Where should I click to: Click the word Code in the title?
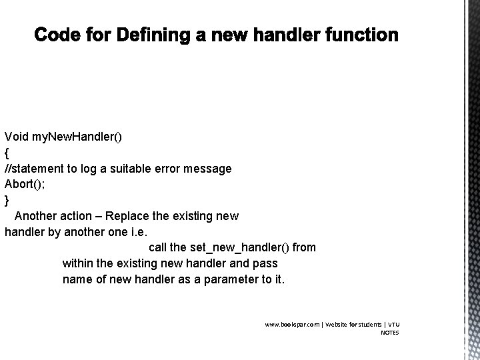[x=56, y=35]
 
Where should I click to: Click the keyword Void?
[x=16, y=137]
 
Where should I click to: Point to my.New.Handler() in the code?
[x=77, y=137]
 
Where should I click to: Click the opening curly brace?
[x=7, y=153]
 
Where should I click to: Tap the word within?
[x=78, y=263]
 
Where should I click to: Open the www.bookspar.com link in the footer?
[x=292, y=325]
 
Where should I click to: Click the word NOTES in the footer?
[x=389, y=333]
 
